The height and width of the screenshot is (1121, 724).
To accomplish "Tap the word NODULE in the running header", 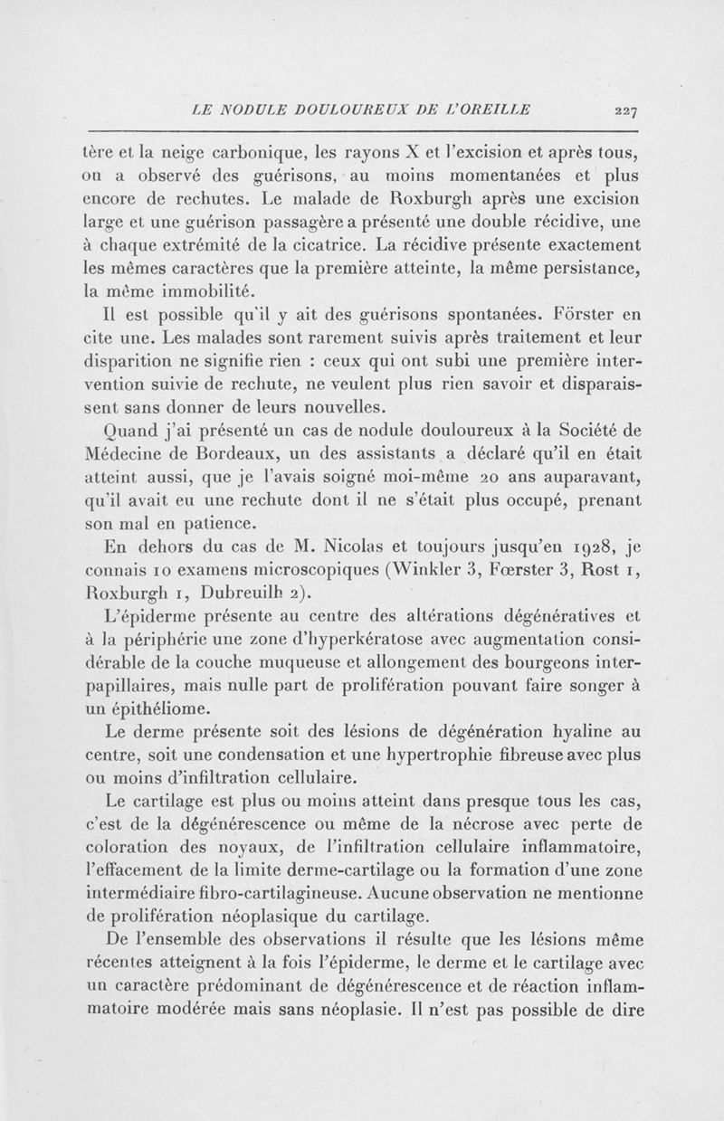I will (x=270, y=110).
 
